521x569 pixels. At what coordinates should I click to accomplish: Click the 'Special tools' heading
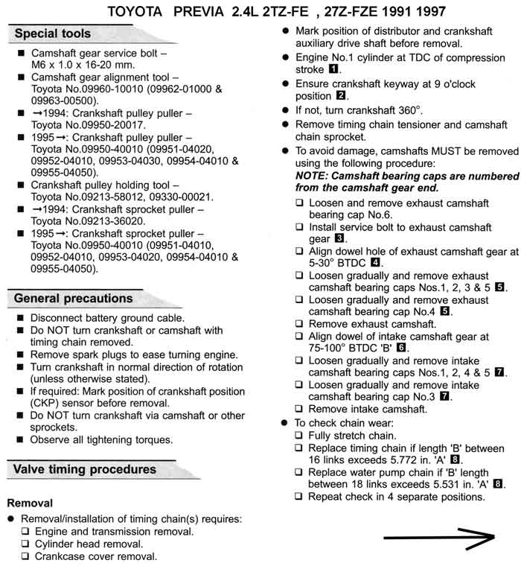pos(52,34)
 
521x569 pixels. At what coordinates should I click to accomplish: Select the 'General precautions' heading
pos(73,298)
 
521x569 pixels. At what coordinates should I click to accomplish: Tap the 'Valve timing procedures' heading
pos(85,469)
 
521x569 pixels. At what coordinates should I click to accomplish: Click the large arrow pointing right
pos(439,537)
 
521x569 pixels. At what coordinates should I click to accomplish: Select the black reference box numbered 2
pos(340,96)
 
